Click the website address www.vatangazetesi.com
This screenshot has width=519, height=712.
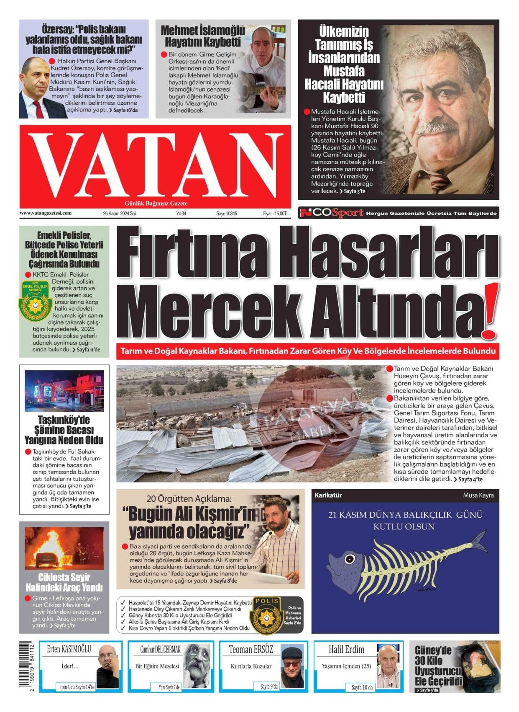[x=46, y=213]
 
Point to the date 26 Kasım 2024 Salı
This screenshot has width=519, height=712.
[x=120, y=214]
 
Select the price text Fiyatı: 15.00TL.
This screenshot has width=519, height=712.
[x=276, y=214]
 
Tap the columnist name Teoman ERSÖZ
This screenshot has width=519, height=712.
[x=251, y=650]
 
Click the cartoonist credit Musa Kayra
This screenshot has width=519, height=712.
[x=478, y=495]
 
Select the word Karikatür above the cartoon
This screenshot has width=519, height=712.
[x=328, y=495]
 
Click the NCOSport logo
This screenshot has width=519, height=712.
[x=331, y=213]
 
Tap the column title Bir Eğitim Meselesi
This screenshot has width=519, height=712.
[x=157, y=666]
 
